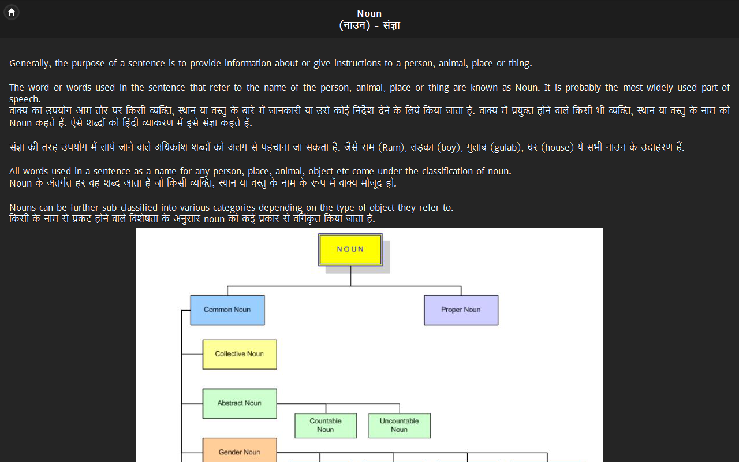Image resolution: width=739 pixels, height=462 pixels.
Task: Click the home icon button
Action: pos(12,12)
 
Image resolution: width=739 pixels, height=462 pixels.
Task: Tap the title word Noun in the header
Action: pos(369,14)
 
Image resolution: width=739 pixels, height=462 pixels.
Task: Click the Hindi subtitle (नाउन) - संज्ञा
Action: pos(369,26)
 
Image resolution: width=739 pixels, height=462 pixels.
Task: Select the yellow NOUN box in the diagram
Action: pos(350,249)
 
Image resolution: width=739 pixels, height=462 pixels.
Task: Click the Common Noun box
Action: pos(227,310)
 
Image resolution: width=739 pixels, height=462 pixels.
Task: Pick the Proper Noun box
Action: pos(461,310)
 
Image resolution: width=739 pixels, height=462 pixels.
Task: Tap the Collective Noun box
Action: pos(240,354)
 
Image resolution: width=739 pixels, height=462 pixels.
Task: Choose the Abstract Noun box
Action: pos(240,403)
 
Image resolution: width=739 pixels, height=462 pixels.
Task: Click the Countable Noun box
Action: pos(326,426)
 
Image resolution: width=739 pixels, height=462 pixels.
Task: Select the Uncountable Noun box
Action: pos(400,426)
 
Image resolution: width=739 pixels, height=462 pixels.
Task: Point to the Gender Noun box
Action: pos(240,452)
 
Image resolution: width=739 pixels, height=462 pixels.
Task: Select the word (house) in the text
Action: pos(558,147)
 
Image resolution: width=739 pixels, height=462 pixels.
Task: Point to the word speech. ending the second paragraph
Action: pos(25,99)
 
